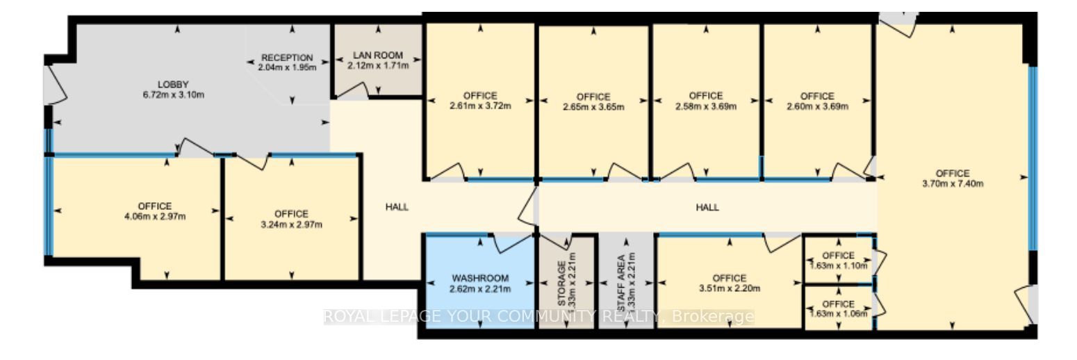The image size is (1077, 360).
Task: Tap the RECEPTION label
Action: pos(287,57)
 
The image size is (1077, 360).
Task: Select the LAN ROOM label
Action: pos(377,55)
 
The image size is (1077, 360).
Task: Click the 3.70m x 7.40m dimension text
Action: pos(951,184)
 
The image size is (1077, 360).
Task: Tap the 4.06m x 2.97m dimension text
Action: pos(154,216)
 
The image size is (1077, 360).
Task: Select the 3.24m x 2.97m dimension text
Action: pos(290,224)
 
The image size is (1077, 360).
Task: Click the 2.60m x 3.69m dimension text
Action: pos(816,106)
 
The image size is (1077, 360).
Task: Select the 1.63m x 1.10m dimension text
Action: pos(838,265)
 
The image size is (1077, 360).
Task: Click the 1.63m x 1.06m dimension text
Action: pos(838,313)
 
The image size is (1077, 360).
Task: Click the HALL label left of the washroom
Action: pos(397,206)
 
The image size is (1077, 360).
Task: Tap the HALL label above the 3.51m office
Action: pos(707,207)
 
